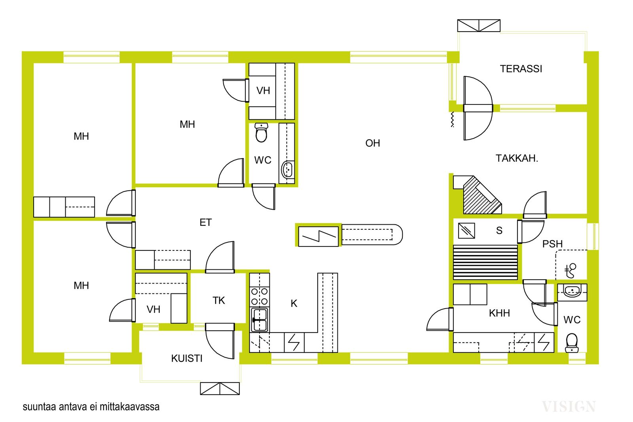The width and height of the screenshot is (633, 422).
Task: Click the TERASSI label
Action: tap(521, 69)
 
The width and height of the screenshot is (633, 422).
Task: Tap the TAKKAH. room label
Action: tap(517, 159)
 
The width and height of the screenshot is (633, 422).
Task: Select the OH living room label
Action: tap(372, 143)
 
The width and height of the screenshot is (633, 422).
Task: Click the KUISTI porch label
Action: tap(187, 358)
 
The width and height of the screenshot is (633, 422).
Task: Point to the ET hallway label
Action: tap(205, 223)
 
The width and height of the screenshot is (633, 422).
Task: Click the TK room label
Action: tap(219, 301)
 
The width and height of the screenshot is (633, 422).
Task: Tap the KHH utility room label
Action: tap(499, 313)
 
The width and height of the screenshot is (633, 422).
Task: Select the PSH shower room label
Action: tap(552, 244)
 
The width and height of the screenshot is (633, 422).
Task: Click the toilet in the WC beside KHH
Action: tap(572, 343)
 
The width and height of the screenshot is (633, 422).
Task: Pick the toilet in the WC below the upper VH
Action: tap(261, 132)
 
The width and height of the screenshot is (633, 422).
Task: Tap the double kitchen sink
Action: tap(260, 320)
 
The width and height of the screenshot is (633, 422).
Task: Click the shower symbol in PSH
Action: tap(570, 270)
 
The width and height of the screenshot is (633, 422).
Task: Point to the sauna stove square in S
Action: tap(466, 231)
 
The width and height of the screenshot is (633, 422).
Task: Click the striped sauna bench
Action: tap(485, 262)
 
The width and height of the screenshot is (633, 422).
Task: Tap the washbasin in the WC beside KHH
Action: tap(572, 292)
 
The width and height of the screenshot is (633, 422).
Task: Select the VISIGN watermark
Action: tap(569, 407)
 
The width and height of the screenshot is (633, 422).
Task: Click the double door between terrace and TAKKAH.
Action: tap(478, 108)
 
